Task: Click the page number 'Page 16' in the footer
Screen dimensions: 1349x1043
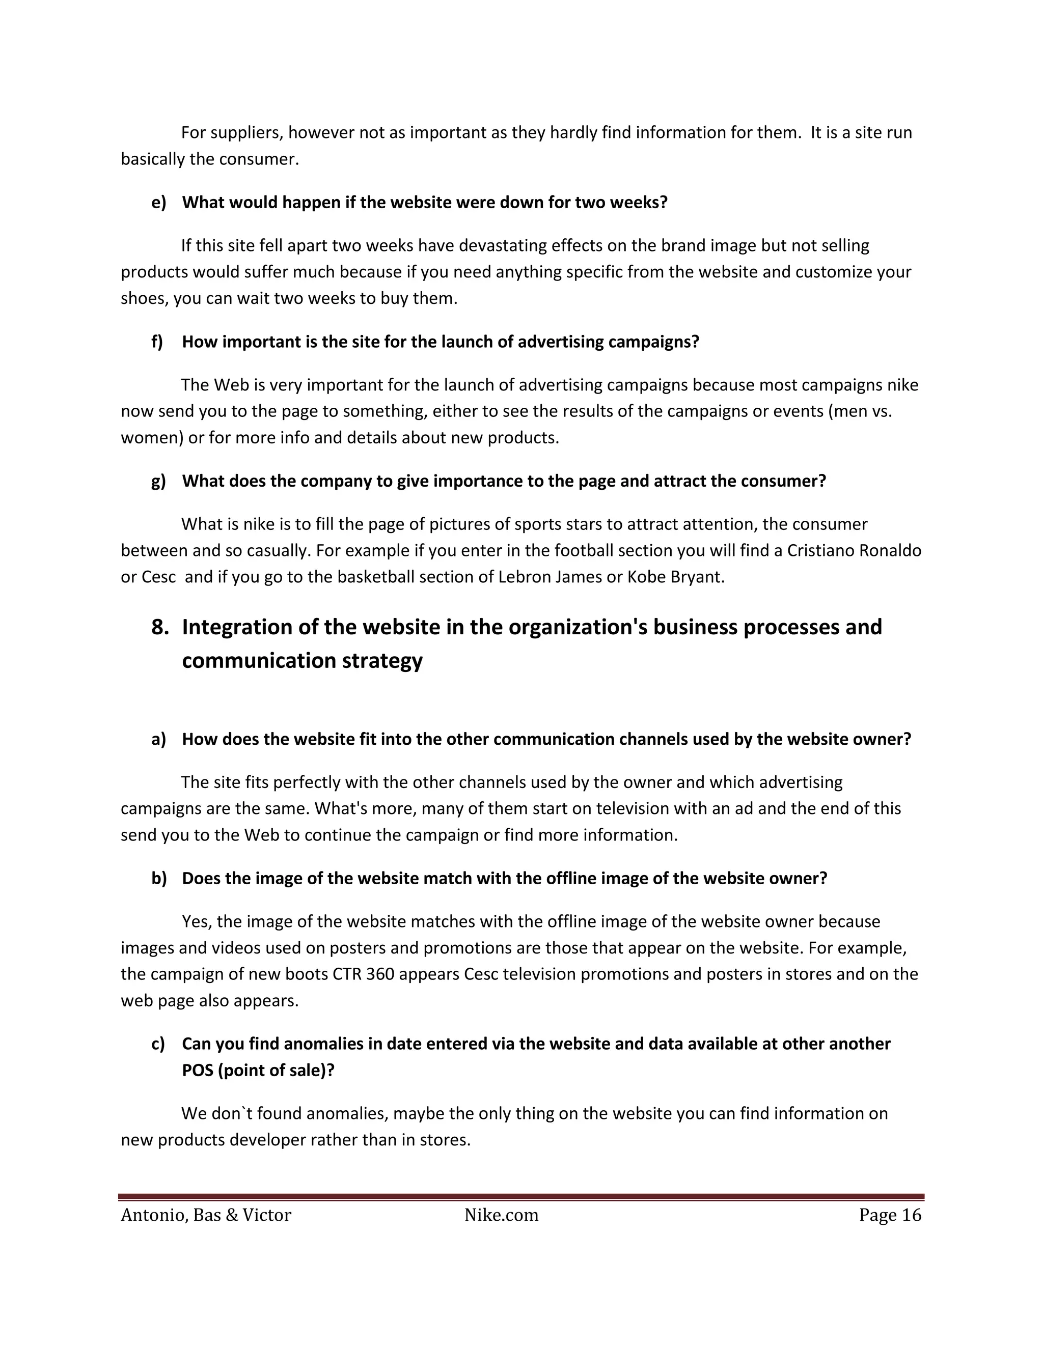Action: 890,1216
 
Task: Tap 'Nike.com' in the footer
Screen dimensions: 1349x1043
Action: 501,1216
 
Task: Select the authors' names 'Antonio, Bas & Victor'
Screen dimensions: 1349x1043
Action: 206,1216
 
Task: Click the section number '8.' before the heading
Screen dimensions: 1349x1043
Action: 160,627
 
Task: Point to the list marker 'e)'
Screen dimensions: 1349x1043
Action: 159,203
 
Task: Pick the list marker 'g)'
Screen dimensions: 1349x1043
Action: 159,481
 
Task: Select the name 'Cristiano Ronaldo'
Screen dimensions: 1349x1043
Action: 854,550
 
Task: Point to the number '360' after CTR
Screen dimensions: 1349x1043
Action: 380,974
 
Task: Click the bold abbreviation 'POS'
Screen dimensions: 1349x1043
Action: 197,1070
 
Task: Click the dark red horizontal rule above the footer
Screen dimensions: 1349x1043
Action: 521,1196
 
